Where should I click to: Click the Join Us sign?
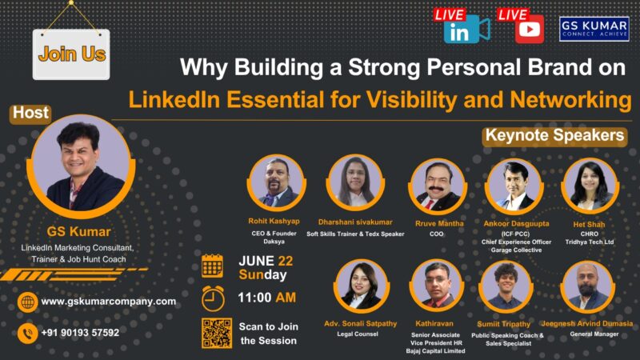[71, 54]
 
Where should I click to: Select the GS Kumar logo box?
[594, 29]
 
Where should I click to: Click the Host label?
[31, 114]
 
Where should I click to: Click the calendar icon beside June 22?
[213, 266]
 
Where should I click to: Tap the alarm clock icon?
[213, 298]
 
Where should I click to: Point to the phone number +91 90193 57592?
[80, 332]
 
